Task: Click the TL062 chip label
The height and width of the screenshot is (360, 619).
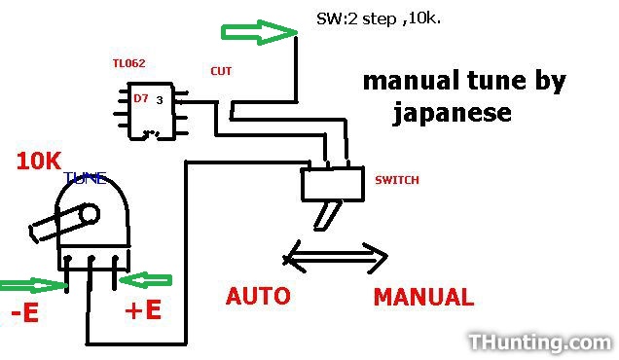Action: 128,63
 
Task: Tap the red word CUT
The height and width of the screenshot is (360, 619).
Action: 221,71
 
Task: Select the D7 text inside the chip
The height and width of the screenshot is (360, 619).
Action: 141,98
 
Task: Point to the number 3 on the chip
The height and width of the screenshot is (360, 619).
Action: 160,100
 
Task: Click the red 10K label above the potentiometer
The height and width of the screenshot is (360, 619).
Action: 39,162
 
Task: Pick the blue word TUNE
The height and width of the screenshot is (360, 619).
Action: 86,178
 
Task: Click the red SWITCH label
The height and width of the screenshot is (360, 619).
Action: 397,180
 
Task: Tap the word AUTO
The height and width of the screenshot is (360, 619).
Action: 258,296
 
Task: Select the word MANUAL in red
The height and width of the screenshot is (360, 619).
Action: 423,297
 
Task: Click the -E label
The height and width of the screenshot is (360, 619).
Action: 25,312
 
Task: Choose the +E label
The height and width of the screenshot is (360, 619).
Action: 143,309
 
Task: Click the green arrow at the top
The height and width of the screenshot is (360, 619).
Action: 259,32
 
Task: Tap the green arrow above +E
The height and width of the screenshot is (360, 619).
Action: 145,280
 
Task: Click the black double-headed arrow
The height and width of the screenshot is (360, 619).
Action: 336,258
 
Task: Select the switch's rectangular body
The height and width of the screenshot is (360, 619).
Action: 333,184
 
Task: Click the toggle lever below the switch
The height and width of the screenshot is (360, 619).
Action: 328,215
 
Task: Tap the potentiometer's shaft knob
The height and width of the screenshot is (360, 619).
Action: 64,222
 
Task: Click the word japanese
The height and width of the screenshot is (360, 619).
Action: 452,113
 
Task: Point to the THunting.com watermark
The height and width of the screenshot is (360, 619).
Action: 540,342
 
